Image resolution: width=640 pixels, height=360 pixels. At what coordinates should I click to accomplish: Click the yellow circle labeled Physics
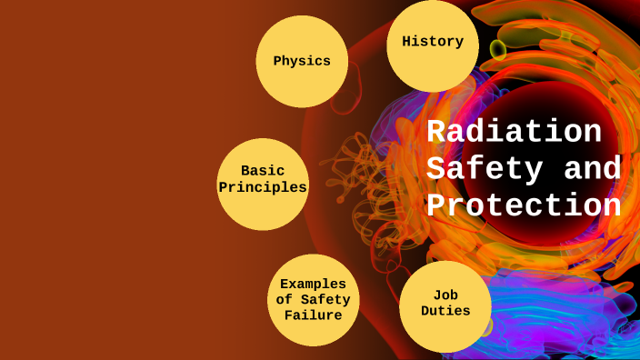[x=302, y=62]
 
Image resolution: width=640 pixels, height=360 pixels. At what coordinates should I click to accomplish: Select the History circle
[x=433, y=45]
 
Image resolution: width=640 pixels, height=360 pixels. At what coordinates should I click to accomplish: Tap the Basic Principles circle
[x=262, y=184]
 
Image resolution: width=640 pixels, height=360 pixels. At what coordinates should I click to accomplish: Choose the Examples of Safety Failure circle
[x=313, y=299]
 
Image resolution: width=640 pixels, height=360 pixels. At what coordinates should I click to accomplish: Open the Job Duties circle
[x=445, y=306]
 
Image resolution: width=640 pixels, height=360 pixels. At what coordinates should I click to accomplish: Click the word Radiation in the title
[x=514, y=133]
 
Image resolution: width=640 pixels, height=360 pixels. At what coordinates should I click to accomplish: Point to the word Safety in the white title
[x=485, y=169]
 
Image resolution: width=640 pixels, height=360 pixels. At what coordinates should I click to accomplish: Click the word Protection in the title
[x=524, y=205]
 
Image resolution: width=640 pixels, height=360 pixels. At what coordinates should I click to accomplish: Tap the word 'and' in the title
[x=592, y=169]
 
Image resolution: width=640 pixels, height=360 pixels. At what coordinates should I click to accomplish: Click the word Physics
[x=302, y=62]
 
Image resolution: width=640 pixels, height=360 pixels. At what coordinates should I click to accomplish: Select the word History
[x=433, y=41]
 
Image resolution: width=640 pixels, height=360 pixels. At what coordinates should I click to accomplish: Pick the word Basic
[x=263, y=170]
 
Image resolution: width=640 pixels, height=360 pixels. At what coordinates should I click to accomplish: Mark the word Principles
[x=262, y=187]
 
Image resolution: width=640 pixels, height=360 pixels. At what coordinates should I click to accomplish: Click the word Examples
[x=313, y=284]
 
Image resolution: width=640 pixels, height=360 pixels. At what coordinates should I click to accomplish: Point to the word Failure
[x=313, y=315]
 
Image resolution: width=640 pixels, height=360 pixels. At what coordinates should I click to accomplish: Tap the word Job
[x=445, y=294]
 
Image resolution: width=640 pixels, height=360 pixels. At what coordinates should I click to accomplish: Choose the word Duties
[x=445, y=311]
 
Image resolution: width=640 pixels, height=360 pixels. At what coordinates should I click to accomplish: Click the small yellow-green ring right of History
[x=498, y=48]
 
